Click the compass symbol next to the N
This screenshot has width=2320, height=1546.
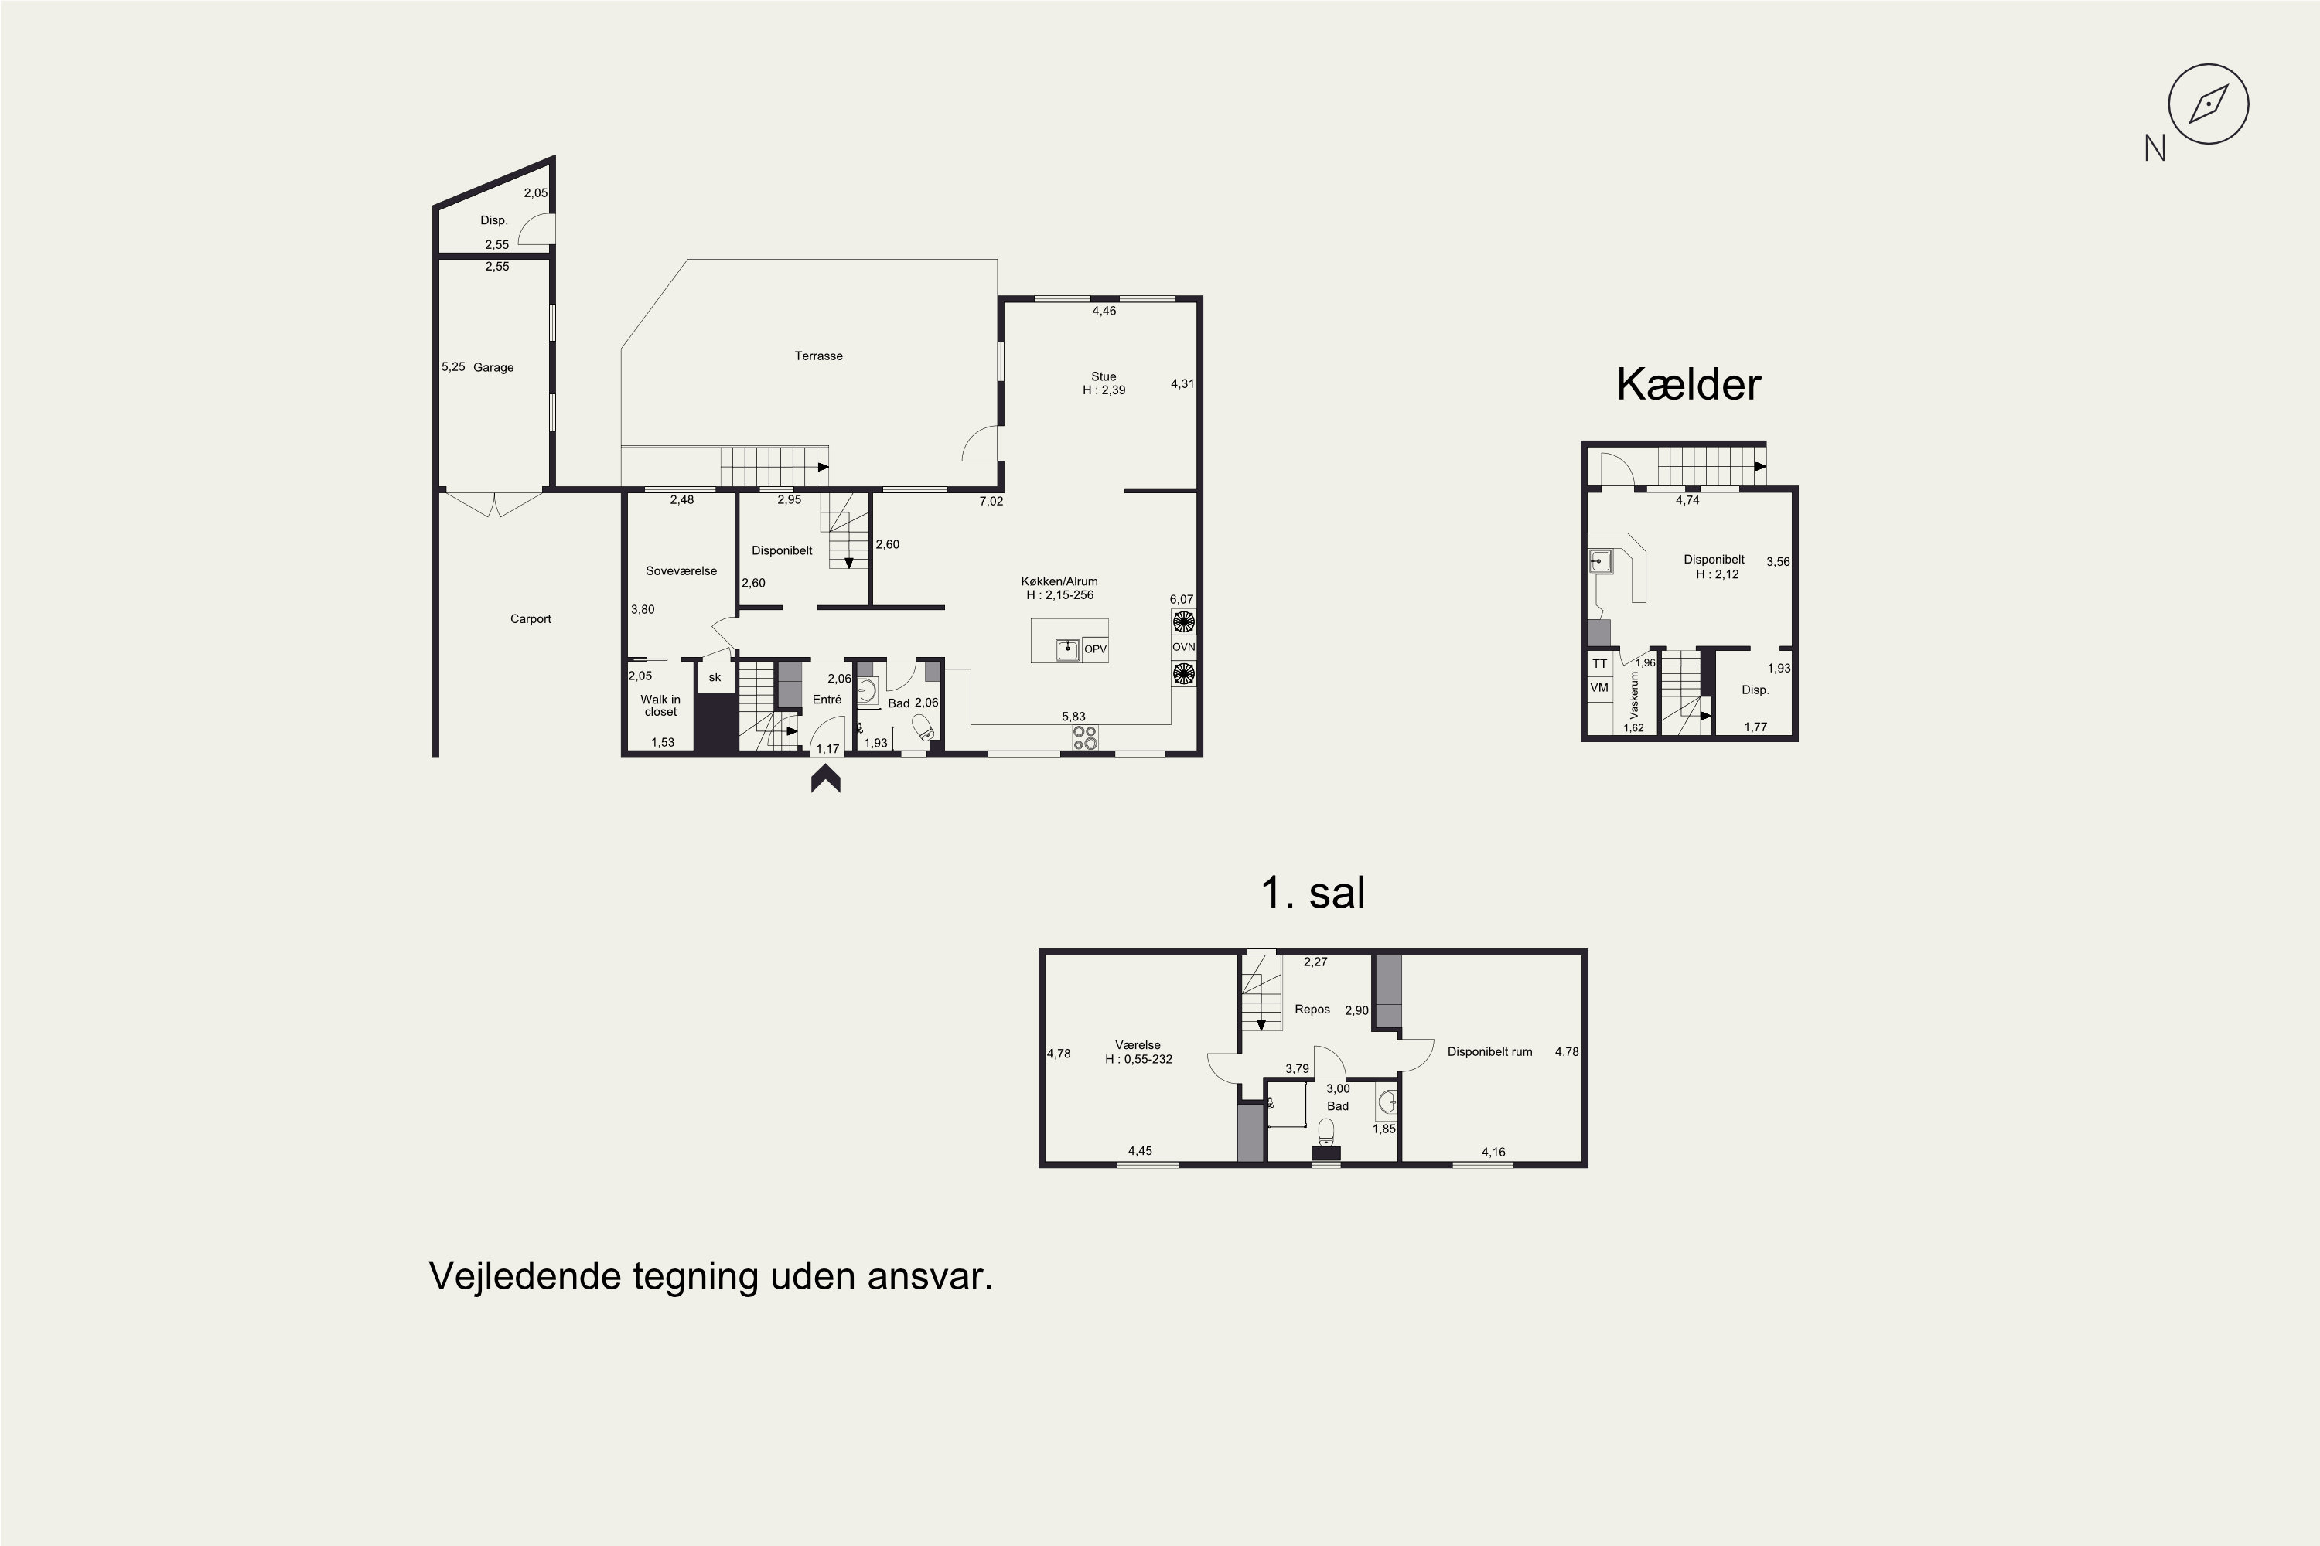pyautogui.click(x=2208, y=104)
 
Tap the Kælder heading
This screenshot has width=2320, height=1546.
pyautogui.click(x=1687, y=384)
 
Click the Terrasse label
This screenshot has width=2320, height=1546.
pyautogui.click(x=819, y=356)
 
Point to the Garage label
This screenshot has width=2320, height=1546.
pyautogui.click(x=493, y=368)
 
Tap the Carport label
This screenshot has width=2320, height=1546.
pyautogui.click(x=531, y=619)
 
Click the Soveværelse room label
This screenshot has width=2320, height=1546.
pyautogui.click(x=681, y=571)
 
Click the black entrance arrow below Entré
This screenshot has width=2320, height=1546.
pyautogui.click(x=826, y=779)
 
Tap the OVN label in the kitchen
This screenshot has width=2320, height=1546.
pyautogui.click(x=1184, y=648)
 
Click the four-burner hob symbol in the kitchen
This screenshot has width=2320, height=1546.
pyautogui.click(x=1085, y=737)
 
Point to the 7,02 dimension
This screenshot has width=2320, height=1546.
pyautogui.click(x=991, y=502)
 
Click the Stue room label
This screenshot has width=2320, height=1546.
pyautogui.click(x=1104, y=376)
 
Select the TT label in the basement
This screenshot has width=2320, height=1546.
pyautogui.click(x=1599, y=663)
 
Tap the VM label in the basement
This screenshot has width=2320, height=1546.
pyautogui.click(x=1599, y=687)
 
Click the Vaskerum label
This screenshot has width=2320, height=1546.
pyautogui.click(x=1635, y=695)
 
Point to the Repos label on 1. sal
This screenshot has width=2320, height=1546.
pyautogui.click(x=1312, y=1010)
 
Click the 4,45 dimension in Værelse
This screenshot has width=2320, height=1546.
pyautogui.click(x=1140, y=1151)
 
